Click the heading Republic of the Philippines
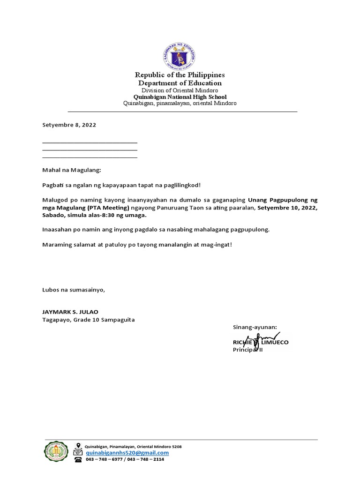pyautogui.click(x=180, y=75)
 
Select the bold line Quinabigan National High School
pyautogui.click(x=180, y=97)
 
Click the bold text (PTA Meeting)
pyautogui.click(x=107, y=208)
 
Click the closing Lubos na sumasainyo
pyautogui.click(x=74, y=290)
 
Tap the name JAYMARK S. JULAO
pyautogui.click(x=70, y=312)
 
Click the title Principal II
pyautogui.click(x=248, y=350)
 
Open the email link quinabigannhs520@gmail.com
pyautogui.click(x=127, y=453)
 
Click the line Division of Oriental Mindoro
pyautogui.click(x=180, y=90)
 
